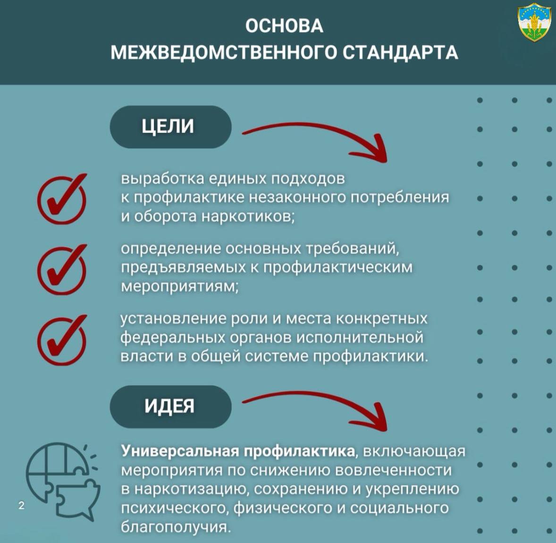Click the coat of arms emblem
(x=534, y=22)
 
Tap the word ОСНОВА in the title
(x=285, y=26)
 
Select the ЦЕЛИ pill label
(x=170, y=127)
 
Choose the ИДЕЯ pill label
(x=170, y=407)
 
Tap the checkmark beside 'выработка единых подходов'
(x=62, y=199)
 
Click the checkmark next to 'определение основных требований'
(x=62, y=270)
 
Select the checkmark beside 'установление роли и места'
(x=62, y=340)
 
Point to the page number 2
(x=22, y=505)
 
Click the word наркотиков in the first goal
(x=248, y=216)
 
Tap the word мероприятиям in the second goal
(x=179, y=286)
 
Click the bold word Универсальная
(x=180, y=451)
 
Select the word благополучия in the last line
(x=176, y=526)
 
